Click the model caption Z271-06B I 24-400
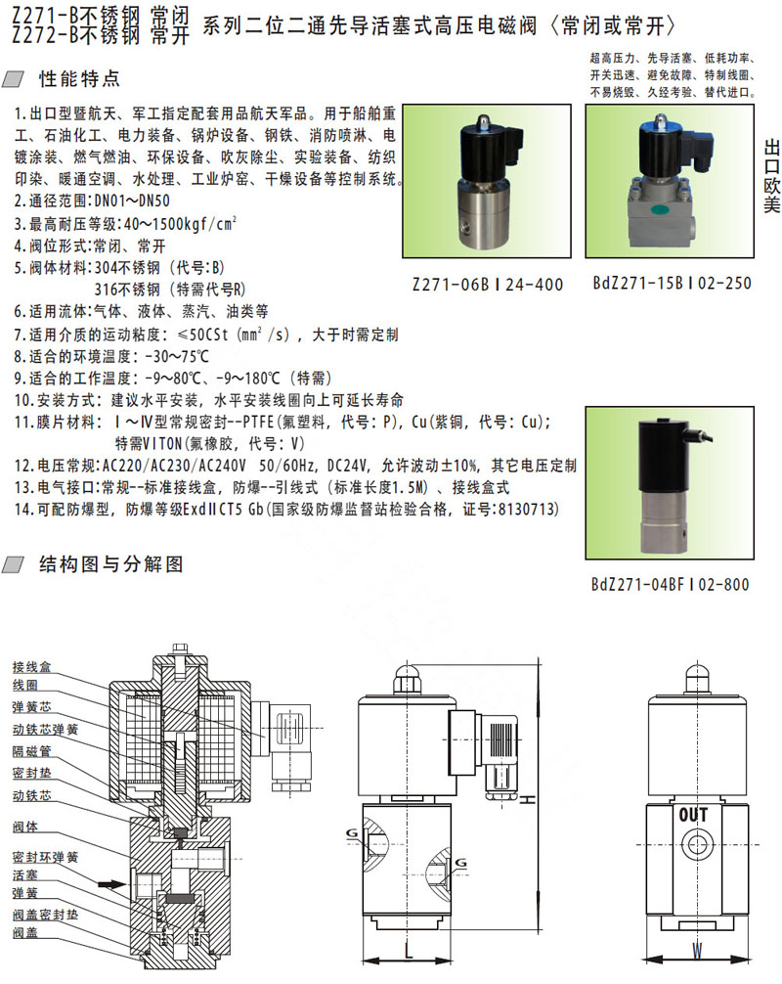tap(487, 285)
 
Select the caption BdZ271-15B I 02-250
tap(672, 283)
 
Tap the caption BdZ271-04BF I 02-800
tap(671, 584)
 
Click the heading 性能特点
tap(79, 79)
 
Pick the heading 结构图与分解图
tap(111, 564)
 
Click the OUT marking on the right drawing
tap(693, 815)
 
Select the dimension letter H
tap(528, 799)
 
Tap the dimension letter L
tap(409, 948)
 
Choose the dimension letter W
tap(697, 950)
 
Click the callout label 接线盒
tap(31, 666)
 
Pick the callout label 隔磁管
tap(31, 750)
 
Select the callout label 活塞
tap(25, 874)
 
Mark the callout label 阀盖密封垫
tap(45, 915)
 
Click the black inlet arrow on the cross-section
tap(111, 883)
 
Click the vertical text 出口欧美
tap(772, 176)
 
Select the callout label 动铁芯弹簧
tap(45, 730)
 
